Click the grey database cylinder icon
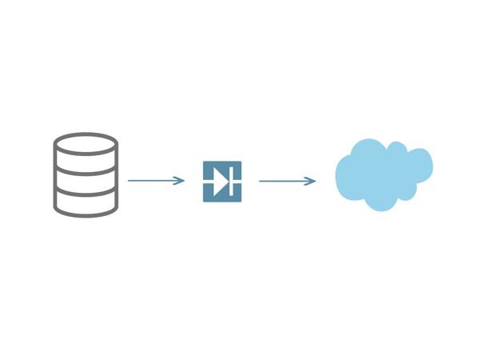(x=86, y=175)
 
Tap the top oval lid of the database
(x=86, y=145)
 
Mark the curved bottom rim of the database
(x=86, y=214)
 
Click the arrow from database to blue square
(x=156, y=181)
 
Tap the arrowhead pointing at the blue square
(x=181, y=181)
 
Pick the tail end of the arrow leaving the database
(x=130, y=181)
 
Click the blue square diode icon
(x=222, y=182)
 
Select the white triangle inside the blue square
(x=220, y=182)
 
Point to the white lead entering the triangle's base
(x=209, y=182)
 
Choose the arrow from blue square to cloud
(x=286, y=182)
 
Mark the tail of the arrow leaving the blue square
(x=261, y=182)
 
